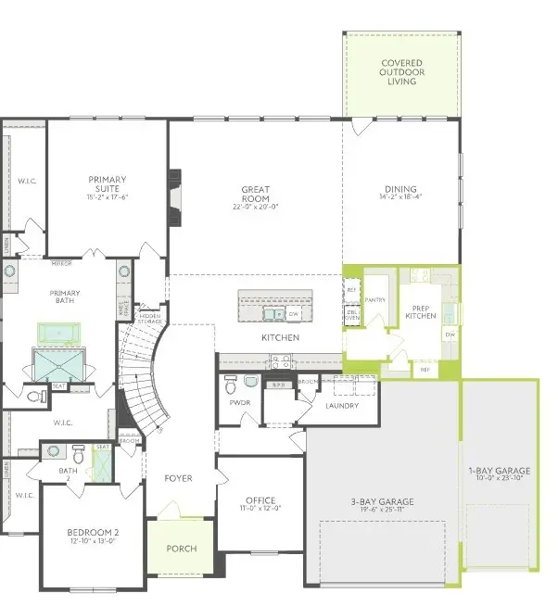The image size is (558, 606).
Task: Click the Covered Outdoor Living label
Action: [x=402, y=72]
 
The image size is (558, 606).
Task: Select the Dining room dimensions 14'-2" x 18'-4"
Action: [x=401, y=196]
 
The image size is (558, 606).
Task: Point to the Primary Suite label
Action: [x=108, y=183]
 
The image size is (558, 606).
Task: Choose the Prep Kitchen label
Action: [x=420, y=312]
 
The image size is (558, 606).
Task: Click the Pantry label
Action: [x=375, y=300]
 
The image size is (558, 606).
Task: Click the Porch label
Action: [x=181, y=549]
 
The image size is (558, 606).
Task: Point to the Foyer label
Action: [x=178, y=478]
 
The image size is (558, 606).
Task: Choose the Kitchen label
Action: [x=280, y=338]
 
